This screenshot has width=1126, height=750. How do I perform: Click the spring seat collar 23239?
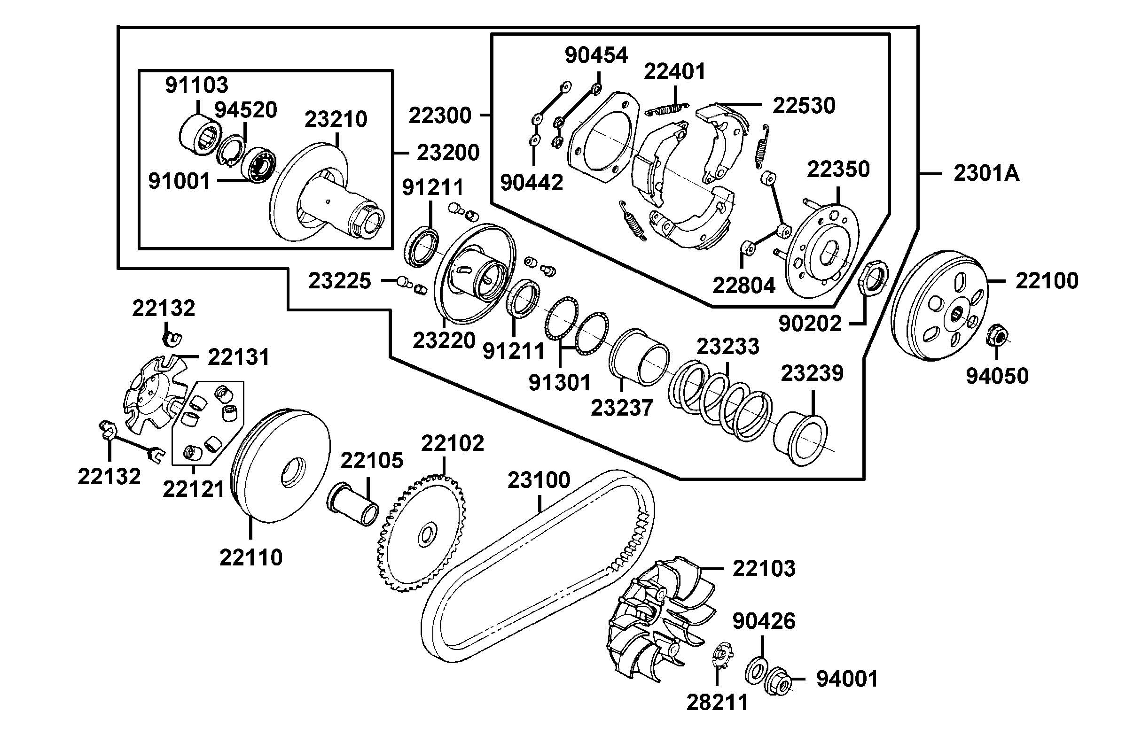coord(801,438)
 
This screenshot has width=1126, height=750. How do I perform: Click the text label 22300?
coord(440,116)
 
